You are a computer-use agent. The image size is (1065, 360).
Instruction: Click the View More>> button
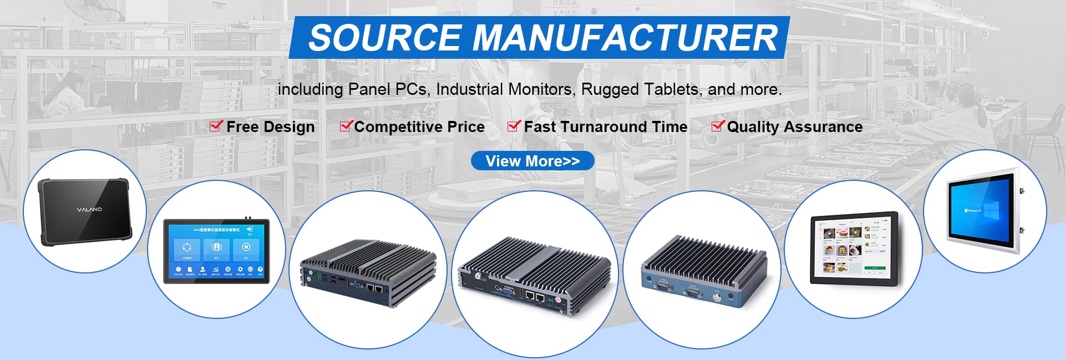tap(532, 161)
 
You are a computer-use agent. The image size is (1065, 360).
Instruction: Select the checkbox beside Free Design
tap(216, 126)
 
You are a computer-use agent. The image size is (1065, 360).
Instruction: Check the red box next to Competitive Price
tap(346, 126)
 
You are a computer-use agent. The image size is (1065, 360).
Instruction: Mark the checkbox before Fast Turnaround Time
tap(514, 126)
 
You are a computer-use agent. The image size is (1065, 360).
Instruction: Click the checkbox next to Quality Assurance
tap(718, 126)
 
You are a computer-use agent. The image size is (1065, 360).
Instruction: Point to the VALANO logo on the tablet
tap(89, 210)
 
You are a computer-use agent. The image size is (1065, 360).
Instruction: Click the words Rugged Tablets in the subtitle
tap(640, 89)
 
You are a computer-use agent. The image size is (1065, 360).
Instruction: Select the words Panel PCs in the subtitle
tap(388, 89)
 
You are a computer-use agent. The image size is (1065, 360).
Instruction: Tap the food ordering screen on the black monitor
tap(853, 247)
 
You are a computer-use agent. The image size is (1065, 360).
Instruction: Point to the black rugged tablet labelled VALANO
tap(85, 211)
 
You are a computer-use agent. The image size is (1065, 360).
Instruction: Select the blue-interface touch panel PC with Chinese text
tap(216, 251)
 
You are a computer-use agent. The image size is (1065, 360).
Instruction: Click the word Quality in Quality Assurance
tap(753, 127)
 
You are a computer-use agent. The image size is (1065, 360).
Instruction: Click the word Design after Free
tap(289, 127)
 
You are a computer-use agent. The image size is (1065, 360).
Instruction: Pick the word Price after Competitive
tap(466, 127)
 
